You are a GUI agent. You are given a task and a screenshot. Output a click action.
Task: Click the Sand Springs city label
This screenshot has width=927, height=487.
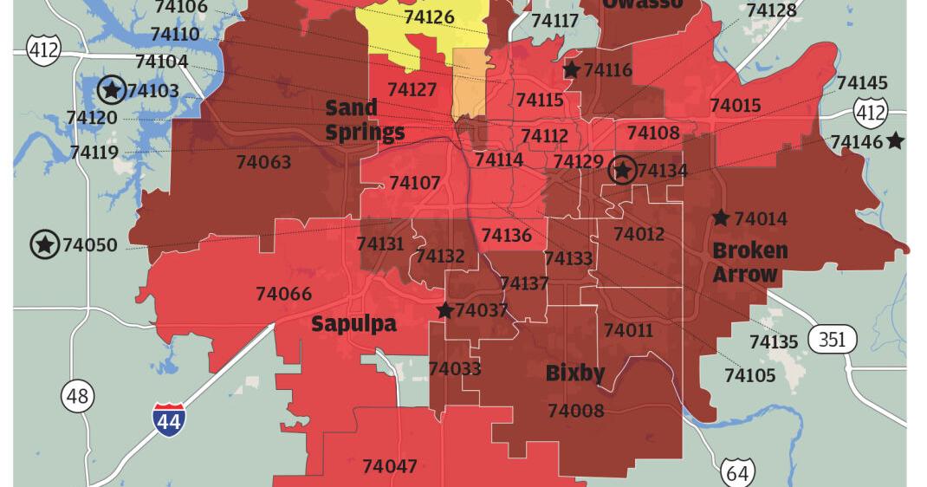[x=364, y=120]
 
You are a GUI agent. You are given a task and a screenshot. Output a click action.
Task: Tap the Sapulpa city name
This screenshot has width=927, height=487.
[x=353, y=324]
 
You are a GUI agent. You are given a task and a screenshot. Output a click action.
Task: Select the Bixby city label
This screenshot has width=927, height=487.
[x=575, y=373]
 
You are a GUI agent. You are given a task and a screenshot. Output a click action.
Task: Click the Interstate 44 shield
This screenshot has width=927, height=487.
[x=169, y=419]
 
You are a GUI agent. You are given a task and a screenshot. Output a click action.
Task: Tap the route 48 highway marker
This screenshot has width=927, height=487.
[x=77, y=397]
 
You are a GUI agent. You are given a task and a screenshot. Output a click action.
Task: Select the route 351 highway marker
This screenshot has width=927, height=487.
[x=832, y=339]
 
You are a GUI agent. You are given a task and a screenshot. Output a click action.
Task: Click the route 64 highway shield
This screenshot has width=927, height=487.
[x=737, y=472]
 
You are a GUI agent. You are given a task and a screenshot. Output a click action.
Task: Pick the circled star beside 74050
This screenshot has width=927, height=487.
[x=44, y=245]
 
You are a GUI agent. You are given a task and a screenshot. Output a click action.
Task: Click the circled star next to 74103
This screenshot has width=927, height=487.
[x=111, y=89]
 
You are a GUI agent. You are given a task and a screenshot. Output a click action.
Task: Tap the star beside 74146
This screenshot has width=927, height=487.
[x=895, y=140]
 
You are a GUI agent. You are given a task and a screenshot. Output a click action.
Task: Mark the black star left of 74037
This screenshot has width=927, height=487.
[x=444, y=310]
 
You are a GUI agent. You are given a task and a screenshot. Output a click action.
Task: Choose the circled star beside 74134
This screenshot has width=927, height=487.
[x=622, y=171]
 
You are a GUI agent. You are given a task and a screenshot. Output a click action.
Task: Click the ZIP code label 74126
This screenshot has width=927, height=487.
[x=428, y=16]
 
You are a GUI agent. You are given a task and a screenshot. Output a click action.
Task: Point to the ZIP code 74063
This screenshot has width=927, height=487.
[x=263, y=162]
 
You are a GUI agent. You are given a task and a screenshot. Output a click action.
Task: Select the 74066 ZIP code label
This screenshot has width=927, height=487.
[x=283, y=294]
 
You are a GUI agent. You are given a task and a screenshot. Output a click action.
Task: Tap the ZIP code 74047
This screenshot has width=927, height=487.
[x=389, y=466]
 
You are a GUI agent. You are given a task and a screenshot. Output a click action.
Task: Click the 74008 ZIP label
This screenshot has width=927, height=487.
[x=575, y=411]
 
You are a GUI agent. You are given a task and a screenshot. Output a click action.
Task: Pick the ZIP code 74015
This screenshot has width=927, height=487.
[x=735, y=106]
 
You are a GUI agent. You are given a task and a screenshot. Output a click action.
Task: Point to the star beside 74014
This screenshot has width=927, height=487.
[x=720, y=218]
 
